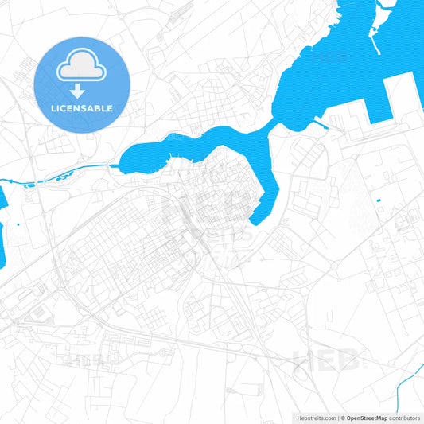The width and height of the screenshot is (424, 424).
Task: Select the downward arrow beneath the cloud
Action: click(x=83, y=90)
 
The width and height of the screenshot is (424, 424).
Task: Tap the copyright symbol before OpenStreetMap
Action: click(x=342, y=417)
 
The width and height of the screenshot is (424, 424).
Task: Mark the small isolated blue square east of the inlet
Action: click(x=379, y=199)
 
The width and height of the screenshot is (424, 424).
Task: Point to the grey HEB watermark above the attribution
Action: click(x=325, y=362)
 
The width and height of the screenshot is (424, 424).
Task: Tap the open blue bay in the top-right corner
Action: click(x=350, y=40)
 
